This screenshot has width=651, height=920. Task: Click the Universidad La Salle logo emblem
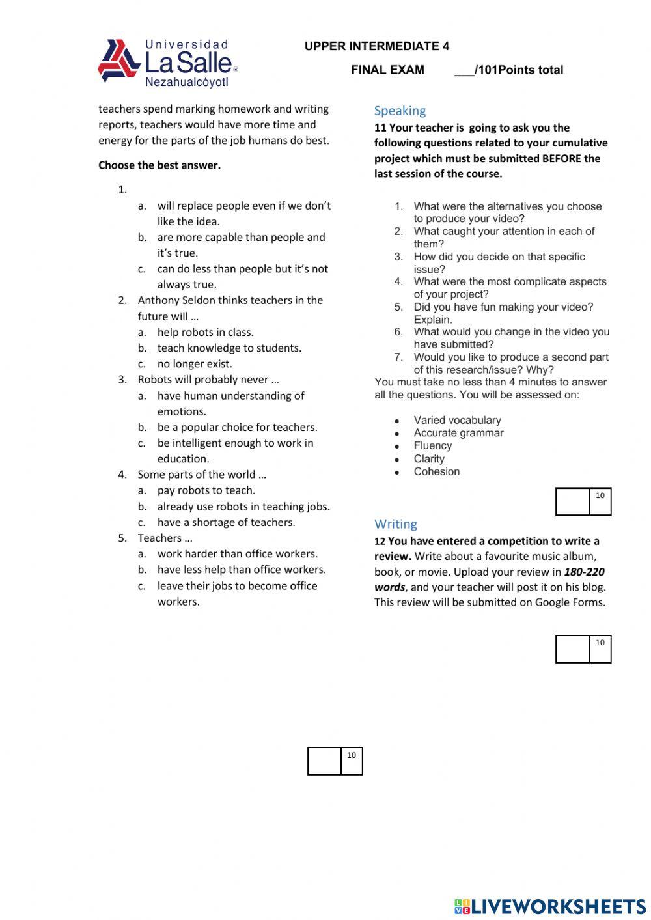click(118, 61)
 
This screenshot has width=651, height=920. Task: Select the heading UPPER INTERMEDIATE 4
click(376, 46)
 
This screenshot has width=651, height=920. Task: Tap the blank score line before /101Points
click(464, 70)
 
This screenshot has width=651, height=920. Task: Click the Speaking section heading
click(400, 111)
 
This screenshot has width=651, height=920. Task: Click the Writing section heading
click(395, 524)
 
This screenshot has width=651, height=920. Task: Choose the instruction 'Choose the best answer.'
click(159, 165)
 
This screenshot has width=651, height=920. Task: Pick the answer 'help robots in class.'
click(205, 332)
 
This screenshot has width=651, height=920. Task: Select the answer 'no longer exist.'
click(194, 364)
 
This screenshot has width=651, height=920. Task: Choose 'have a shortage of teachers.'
click(226, 522)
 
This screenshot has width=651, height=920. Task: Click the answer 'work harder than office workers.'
click(237, 554)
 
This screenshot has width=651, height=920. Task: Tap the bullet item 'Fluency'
click(432, 446)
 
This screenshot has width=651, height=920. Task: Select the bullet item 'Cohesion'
click(436, 472)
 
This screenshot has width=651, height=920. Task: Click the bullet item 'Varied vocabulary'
click(457, 421)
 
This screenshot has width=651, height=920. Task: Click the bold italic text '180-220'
click(584, 572)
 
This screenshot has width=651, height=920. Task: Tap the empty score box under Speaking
click(572, 502)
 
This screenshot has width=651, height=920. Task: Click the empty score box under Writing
click(572, 649)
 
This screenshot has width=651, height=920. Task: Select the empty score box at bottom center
click(324, 761)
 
